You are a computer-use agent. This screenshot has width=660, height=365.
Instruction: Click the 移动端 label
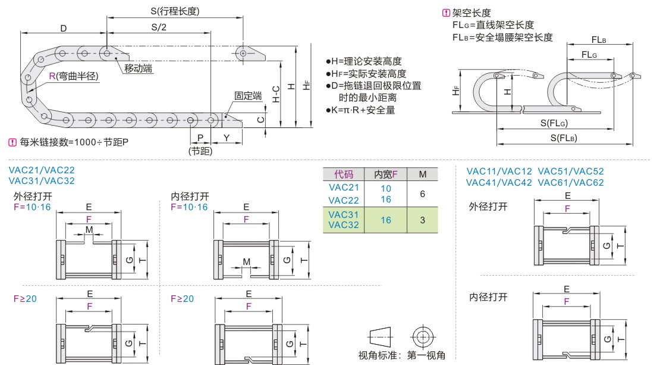(138, 68)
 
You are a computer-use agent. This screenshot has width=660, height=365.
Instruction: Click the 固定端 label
(248, 96)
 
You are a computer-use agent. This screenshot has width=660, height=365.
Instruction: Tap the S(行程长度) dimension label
(174, 11)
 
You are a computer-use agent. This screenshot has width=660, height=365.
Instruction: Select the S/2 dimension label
(159, 27)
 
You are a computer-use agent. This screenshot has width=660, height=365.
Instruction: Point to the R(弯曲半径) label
(74, 76)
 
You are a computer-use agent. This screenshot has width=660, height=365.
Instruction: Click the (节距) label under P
(200, 151)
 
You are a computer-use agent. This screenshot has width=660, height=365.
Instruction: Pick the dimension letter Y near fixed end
(227, 138)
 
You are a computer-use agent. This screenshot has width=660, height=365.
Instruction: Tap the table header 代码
(344, 174)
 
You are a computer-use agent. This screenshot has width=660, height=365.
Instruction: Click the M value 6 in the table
(423, 194)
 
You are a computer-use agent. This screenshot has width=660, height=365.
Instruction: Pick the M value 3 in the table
(423, 220)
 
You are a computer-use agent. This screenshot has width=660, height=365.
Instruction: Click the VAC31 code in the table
(344, 214)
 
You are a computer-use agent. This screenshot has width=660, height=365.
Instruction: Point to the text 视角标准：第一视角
(401, 355)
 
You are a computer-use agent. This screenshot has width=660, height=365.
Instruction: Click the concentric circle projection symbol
(422, 337)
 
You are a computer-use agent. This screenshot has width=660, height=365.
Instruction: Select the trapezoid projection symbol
(381, 337)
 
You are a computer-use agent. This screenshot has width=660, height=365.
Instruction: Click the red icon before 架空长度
(446, 13)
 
